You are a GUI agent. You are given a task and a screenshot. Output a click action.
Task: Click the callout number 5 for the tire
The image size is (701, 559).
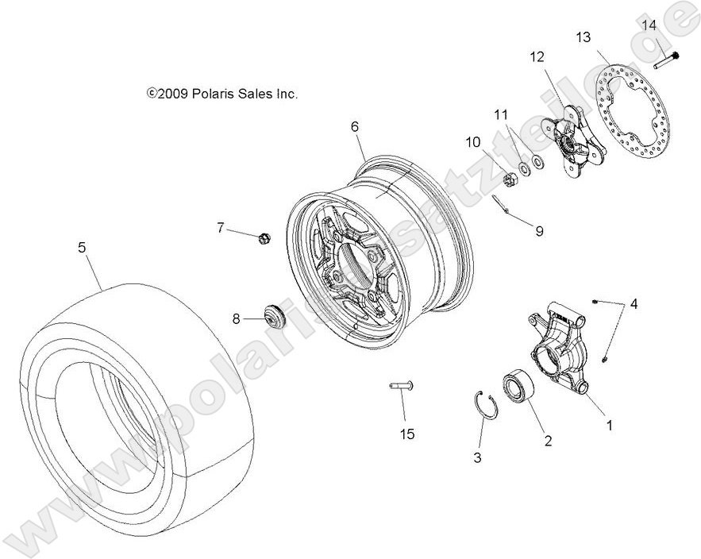point(82,248)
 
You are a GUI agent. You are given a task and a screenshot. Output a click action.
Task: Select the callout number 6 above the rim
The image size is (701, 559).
point(354,126)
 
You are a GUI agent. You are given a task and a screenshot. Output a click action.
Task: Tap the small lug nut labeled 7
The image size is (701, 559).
point(265,237)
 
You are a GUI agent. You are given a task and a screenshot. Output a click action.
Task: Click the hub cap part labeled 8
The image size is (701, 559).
point(274,317)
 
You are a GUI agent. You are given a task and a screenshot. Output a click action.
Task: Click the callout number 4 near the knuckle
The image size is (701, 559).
point(633,303)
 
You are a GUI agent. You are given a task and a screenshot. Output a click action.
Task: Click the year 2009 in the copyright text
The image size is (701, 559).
point(172,94)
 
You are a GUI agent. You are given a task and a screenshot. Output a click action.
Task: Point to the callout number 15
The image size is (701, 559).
point(406,434)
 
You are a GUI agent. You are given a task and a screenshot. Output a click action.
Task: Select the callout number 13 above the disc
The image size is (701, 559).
point(583,37)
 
